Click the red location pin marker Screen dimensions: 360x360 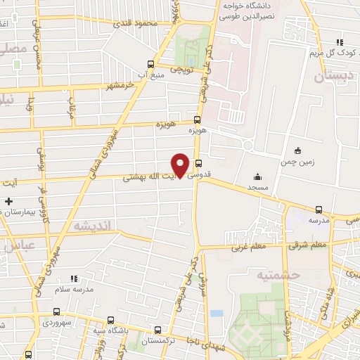point(181,165)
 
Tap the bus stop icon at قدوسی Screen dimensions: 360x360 point(198,166)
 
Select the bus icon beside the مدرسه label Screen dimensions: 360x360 point(319,210)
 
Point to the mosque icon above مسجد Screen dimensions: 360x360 point(257,177)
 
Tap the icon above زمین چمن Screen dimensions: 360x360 point(297,150)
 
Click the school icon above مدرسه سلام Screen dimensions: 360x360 point(73,278)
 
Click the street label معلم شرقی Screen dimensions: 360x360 point(308,245)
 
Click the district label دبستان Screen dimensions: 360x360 point(330,77)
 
